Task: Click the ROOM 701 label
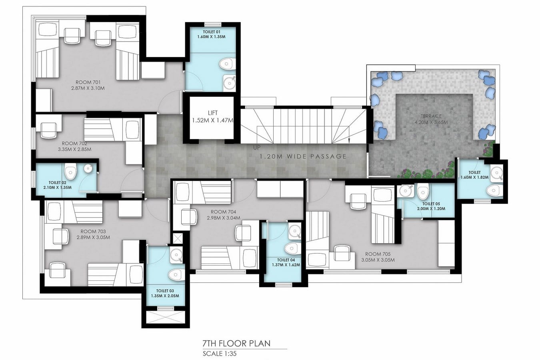(88, 82)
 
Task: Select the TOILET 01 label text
(212, 32)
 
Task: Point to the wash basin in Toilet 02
(88, 168)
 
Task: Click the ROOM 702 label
(74, 144)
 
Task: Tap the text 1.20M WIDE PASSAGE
(303, 156)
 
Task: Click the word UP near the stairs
(257, 148)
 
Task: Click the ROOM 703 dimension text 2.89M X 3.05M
(93, 237)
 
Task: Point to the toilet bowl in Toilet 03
(176, 275)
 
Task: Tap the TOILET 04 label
(286, 260)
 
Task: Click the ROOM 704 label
(224, 212)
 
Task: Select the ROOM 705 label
(378, 254)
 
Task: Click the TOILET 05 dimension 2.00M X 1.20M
(431, 208)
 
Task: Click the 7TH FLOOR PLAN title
(236, 343)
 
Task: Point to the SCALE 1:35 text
(220, 354)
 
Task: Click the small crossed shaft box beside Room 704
(178, 238)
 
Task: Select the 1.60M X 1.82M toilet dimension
(474, 177)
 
